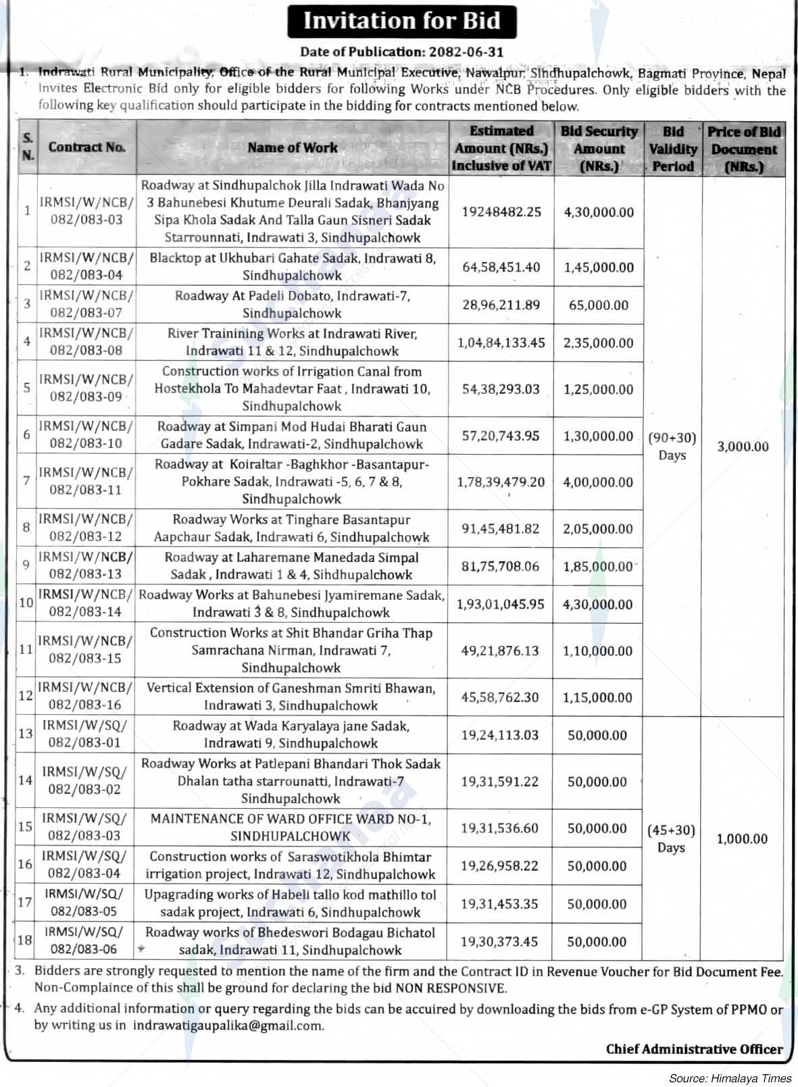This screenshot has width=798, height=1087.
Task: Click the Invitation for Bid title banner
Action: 401,21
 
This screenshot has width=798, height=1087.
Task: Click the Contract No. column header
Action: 86,147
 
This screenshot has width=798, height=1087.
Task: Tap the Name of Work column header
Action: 292,147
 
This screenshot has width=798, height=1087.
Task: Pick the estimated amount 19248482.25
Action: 501,211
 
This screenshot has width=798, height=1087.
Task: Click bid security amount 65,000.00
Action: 599,305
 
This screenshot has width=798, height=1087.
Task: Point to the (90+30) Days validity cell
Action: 672,446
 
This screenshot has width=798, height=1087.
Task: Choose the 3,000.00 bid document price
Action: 743,447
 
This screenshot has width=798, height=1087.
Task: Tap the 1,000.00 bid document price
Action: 742,839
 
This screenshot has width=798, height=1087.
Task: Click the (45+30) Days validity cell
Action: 671,838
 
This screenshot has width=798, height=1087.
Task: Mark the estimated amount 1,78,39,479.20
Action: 501,482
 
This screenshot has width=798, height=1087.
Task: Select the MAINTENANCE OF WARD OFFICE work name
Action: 291,828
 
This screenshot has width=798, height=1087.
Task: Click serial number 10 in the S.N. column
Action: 26,603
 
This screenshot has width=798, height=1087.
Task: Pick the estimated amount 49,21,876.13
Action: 501,651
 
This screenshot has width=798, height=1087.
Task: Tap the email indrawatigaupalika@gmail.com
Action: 228,1026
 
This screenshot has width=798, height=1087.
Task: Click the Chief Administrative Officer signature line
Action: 694,1049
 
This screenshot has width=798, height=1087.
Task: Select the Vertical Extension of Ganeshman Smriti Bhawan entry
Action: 291,697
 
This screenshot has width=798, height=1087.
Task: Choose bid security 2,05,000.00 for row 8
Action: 599,529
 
